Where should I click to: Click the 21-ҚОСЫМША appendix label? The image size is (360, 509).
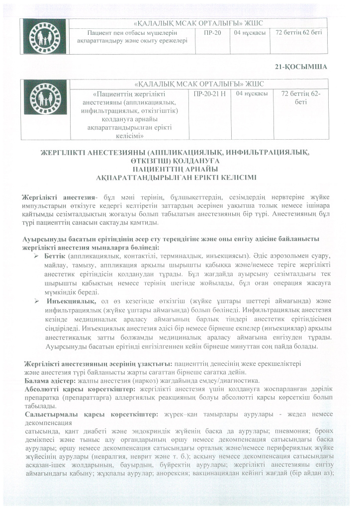[x=301, y=66]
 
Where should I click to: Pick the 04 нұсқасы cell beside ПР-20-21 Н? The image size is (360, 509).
[x=253, y=93]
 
